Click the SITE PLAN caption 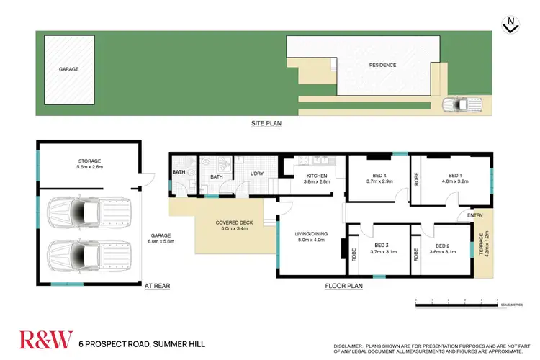266,124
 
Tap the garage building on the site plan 69,69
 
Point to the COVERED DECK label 232,223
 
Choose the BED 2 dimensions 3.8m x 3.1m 442,252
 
